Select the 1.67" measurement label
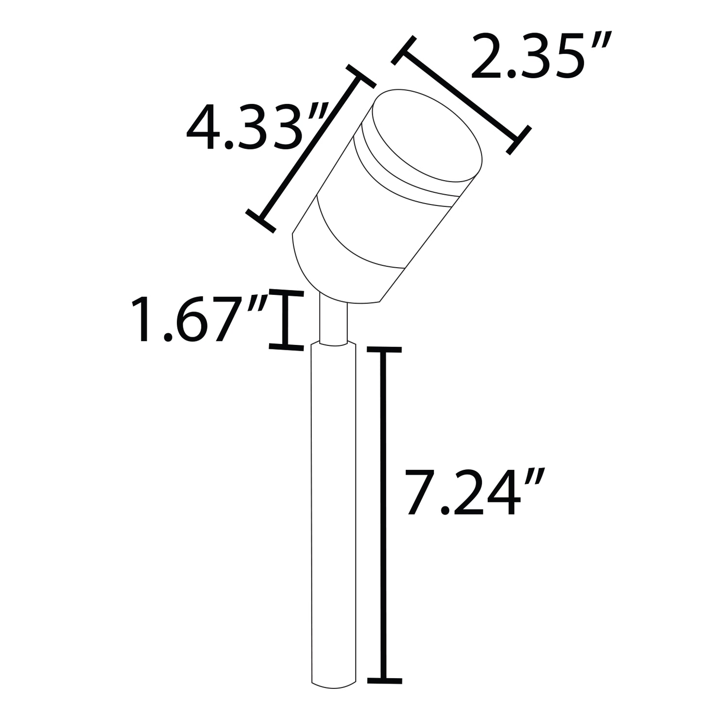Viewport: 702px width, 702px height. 199,320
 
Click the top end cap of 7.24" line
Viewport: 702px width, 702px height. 384,350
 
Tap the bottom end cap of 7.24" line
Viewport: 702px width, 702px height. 384,679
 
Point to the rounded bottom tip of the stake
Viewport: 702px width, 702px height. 334,685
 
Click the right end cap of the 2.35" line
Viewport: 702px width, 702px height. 518,140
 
